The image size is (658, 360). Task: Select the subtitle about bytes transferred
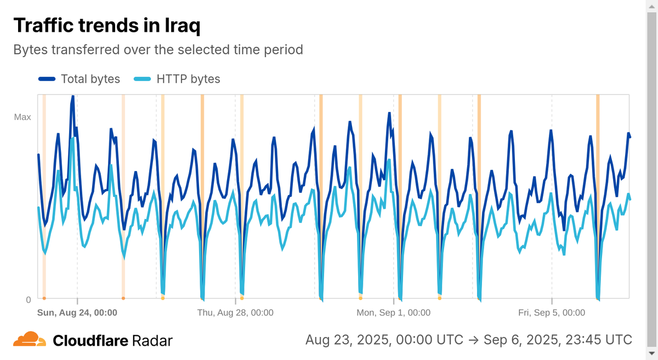(x=158, y=50)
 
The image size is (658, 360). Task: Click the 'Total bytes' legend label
(x=90, y=79)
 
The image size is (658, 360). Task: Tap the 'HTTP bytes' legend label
(x=188, y=79)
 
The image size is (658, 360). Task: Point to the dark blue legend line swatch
(x=47, y=79)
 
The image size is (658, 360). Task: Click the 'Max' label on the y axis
(x=22, y=117)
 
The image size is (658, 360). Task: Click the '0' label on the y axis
(x=28, y=299)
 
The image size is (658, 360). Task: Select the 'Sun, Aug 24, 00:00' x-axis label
(x=77, y=312)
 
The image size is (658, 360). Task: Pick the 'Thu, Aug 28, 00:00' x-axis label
(x=235, y=312)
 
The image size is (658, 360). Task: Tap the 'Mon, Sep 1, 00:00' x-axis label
(x=393, y=312)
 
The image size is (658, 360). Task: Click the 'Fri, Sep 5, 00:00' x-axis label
(x=552, y=312)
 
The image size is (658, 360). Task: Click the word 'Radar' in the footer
(x=152, y=341)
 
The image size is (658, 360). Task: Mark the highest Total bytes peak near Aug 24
(x=72, y=97)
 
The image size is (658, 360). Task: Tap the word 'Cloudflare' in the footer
(x=90, y=341)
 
